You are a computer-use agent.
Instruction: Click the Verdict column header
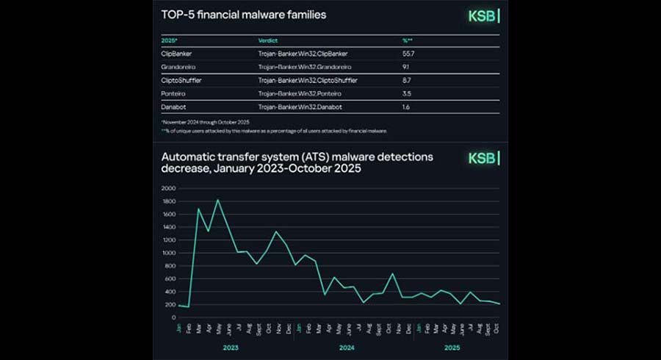(267, 40)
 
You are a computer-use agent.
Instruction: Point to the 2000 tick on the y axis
(167, 188)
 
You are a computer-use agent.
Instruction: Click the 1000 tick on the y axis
(167, 253)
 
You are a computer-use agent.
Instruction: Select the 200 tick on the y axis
(169, 305)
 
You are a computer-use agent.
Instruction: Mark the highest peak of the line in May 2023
(217, 200)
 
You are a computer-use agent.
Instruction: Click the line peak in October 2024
(393, 274)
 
